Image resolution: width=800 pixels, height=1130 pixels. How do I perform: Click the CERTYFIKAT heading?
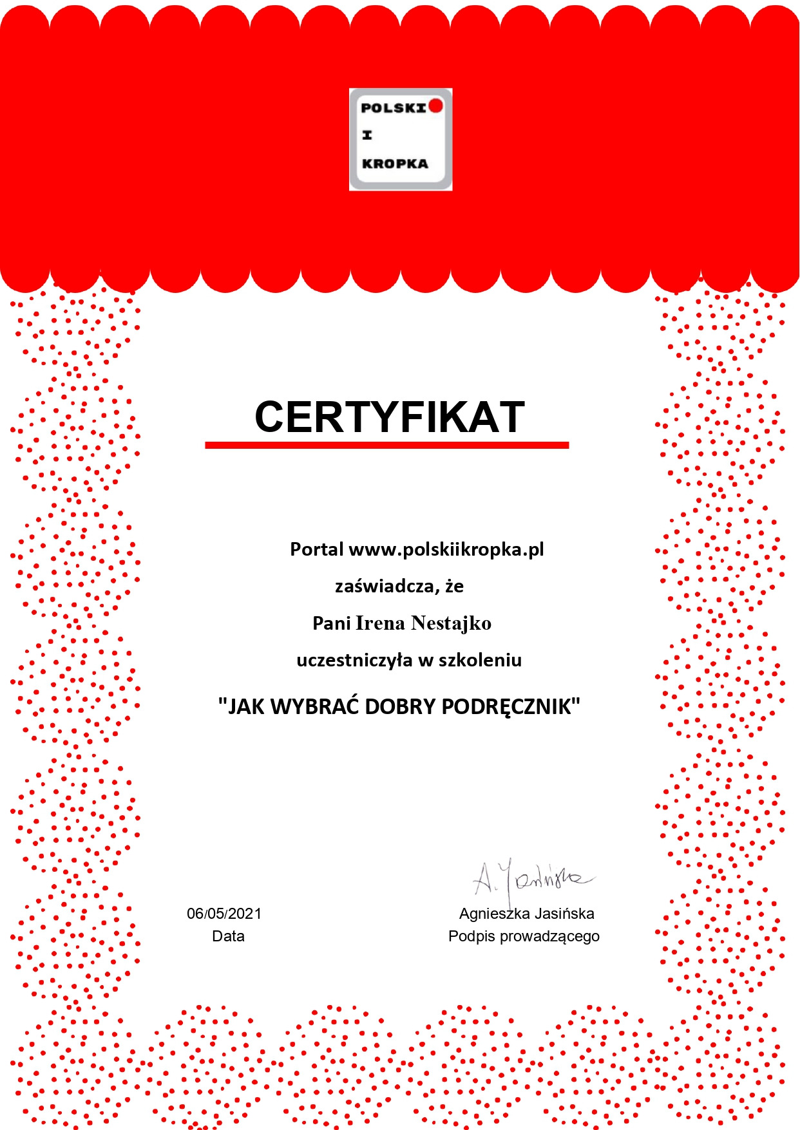pyautogui.click(x=390, y=417)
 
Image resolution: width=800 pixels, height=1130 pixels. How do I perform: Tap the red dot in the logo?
pyautogui.click(x=436, y=106)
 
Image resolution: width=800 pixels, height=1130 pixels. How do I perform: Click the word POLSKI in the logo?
pyautogui.click(x=393, y=108)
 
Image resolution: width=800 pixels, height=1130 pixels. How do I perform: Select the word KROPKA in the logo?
pyautogui.click(x=395, y=164)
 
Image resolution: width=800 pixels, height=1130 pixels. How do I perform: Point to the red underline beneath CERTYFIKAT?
pyautogui.click(x=386, y=445)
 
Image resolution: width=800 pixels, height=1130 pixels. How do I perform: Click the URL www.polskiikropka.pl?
pyautogui.click(x=446, y=549)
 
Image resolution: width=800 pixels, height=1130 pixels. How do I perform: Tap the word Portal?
pyautogui.click(x=316, y=549)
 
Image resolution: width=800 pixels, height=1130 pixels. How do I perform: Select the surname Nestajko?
pyautogui.click(x=451, y=623)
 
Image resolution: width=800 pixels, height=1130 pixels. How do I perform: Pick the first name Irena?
pyautogui.click(x=380, y=623)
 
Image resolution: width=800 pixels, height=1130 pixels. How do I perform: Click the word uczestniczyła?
pyautogui.click(x=354, y=660)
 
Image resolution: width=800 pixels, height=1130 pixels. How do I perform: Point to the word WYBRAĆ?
pyautogui.click(x=314, y=707)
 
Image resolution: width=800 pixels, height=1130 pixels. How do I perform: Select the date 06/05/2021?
pyautogui.click(x=224, y=913)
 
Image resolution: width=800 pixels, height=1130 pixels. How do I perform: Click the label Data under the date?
pyautogui.click(x=228, y=936)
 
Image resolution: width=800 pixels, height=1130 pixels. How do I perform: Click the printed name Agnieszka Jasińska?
pyautogui.click(x=526, y=913)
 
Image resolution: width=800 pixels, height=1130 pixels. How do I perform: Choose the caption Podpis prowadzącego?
pyautogui.click(x=524, y=936)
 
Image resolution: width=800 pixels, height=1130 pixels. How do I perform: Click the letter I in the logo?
pyautogui.click(x=367, y=135)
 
